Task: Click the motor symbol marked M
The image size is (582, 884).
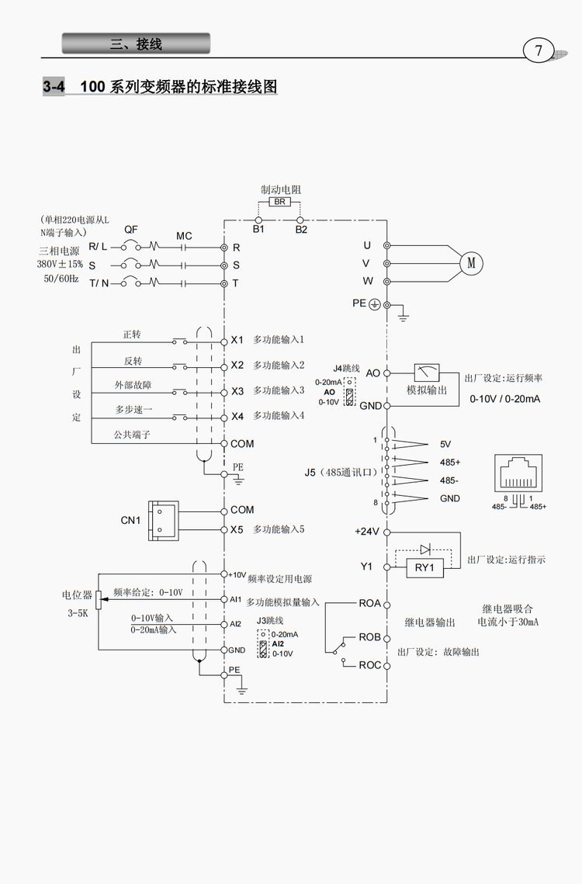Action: point(470,263)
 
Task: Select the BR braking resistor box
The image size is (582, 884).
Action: point(279,202)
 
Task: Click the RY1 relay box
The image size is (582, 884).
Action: point(424,567)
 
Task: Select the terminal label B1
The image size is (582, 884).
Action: point(258,231)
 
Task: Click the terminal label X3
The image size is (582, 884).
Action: point(237,391)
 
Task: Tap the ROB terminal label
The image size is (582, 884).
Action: point(369,637)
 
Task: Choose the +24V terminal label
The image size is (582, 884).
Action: point(366,532)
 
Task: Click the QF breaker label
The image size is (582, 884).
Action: point(131,231)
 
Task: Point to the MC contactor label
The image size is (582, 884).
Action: point(184,235)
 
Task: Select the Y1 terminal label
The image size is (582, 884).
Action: point(367,567)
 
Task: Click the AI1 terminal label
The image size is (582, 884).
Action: point(235,599)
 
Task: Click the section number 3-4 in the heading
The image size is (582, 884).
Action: point(54,87)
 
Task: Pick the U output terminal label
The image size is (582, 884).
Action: point(367,245)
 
